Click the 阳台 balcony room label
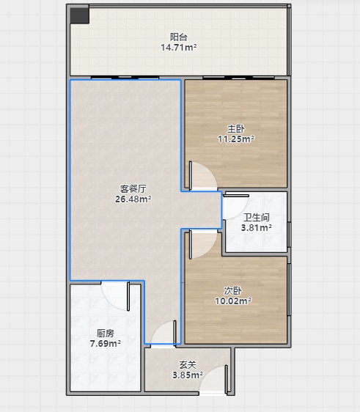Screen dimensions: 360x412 point(179,37)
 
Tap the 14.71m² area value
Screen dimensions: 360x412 point(179,48)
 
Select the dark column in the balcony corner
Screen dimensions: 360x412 point(80,16)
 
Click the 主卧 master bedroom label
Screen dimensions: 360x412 point(236,129)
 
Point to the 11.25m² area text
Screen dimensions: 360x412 point(236,139)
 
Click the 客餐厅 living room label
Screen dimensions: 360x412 point(133,188)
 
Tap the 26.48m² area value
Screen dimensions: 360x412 point(133,199)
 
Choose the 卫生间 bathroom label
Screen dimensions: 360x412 point(257,217)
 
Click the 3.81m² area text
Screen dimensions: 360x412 point(257,227)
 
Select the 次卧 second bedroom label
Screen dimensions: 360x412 point(233,290)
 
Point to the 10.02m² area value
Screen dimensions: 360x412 point(233,301)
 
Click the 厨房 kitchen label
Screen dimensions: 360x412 point(106,333)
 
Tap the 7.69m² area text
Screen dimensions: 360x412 point(106,343)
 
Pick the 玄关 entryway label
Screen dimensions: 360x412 point(188,364)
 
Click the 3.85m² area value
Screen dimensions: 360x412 point(188,375)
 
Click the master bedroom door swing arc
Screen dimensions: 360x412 point(210,170)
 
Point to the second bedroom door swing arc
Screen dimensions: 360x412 point(210,249)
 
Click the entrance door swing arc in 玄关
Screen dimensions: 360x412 point(206,372)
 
